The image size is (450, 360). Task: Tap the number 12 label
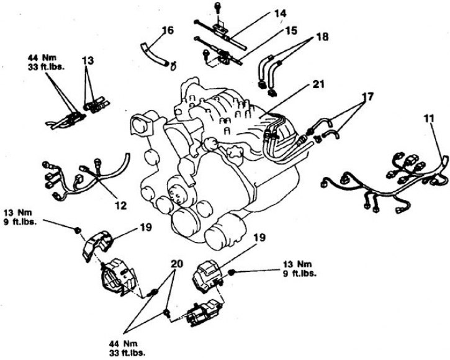pos(122,204)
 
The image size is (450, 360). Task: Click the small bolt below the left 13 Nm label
pos(77,231)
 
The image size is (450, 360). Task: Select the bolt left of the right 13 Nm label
pos(232,272)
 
